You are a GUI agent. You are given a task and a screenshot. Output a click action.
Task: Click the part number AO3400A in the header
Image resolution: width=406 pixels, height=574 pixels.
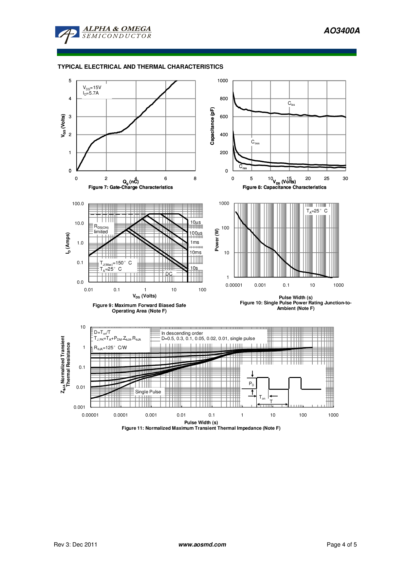click(x=341, y=31)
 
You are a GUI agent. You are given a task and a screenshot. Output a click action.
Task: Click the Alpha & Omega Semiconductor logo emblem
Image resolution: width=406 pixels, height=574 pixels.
click(x=67, y=34)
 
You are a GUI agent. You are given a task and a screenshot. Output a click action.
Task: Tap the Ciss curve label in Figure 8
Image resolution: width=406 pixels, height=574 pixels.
click(x=291, y=103)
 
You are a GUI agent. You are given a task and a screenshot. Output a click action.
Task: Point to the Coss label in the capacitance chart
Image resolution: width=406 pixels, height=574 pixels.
click(x=255, y=142)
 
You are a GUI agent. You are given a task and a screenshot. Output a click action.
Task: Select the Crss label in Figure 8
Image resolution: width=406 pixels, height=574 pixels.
click(x=243, y=167)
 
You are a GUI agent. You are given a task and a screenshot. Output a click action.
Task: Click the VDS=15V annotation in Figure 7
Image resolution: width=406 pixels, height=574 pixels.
click(x=92, y=88)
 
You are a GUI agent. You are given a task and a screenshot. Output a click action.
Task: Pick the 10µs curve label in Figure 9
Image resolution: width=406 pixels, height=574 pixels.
click(x=195, y=223)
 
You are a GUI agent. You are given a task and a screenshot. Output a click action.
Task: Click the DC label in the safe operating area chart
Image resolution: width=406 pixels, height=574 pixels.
click(x=169, y=274)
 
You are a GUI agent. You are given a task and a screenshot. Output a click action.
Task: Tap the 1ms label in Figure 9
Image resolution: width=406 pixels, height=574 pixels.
click(x=195, y=242)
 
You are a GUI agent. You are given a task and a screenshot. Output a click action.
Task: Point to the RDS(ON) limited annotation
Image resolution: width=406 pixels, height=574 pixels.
click(x=101, y=229)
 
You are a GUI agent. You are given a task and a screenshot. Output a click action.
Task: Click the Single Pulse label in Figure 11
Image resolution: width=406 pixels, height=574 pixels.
click(x=148, y=392)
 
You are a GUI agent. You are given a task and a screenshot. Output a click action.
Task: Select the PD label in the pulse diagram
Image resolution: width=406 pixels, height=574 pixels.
click(x=251, y=384)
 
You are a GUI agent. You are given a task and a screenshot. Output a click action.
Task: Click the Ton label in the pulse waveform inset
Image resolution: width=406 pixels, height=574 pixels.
click(x=262, y=397)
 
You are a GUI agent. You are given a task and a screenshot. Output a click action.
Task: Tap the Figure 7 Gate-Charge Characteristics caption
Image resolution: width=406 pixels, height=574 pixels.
click(x=130, y=187)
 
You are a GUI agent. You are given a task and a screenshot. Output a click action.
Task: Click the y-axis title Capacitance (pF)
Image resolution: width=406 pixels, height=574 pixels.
click(x=212, y=126)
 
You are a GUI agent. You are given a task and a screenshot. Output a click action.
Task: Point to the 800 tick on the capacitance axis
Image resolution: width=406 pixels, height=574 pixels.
click(x=224, y=99)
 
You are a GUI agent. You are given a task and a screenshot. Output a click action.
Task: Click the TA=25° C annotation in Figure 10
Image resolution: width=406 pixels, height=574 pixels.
click(x=317, y=211)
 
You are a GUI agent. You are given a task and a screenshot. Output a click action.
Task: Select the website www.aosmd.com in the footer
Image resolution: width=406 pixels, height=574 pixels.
click(x=202, y=545)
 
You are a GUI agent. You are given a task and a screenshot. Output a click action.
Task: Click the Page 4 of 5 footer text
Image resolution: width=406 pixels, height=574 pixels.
click(x=341, y=545)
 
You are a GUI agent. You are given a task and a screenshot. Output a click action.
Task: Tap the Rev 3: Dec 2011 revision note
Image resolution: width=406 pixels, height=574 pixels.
click(x=75, y=545)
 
